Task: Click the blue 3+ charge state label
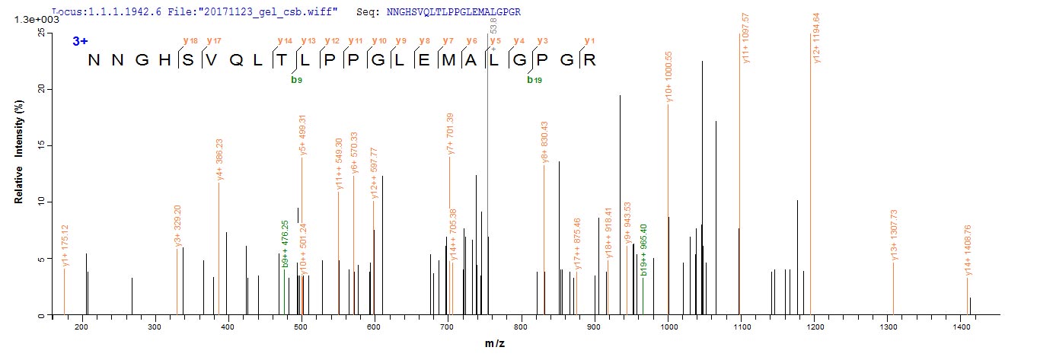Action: (x=81, y=41)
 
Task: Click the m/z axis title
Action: (x=495, y=345)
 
